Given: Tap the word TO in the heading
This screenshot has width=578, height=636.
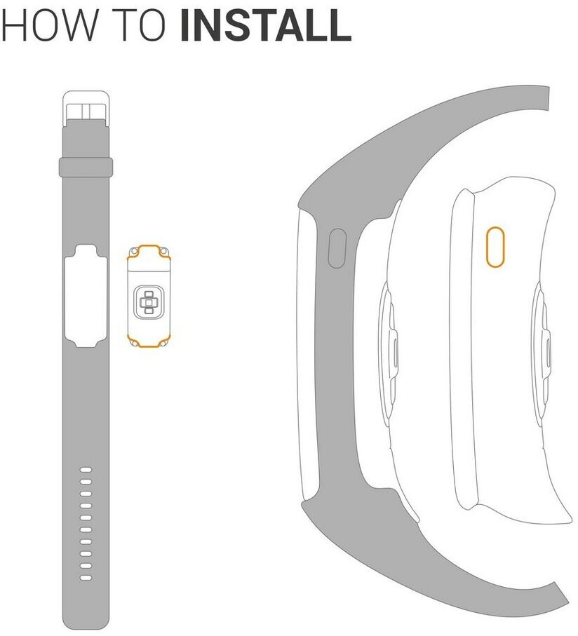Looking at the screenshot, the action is pos(138,25).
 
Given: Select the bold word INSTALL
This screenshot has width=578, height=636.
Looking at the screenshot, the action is pos(266,25).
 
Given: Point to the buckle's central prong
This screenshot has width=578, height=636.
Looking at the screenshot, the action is pos(86,112).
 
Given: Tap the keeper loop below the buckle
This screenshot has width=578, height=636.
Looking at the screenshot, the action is pos(86,167).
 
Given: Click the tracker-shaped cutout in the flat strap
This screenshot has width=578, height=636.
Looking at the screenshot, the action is pos(86,296).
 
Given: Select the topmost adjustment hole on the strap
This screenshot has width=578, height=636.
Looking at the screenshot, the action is pos(86,470).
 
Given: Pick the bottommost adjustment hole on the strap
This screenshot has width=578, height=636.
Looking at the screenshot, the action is pos(86,578).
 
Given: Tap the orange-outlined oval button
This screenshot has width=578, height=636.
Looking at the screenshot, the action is pos(495,247).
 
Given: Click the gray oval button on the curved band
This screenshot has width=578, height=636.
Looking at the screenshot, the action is pos(337,248).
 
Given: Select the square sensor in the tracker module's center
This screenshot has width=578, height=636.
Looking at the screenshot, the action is pos(149,303).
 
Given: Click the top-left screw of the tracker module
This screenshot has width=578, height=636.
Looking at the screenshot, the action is pos(133,252).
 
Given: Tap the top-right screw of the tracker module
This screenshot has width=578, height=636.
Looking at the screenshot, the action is pos(164,252).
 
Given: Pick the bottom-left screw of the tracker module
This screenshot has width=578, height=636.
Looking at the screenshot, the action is pos(133,343).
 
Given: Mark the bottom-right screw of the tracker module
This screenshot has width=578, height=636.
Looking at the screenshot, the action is pos(164,343).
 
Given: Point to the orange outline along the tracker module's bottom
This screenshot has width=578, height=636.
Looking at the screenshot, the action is pos(149,346).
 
